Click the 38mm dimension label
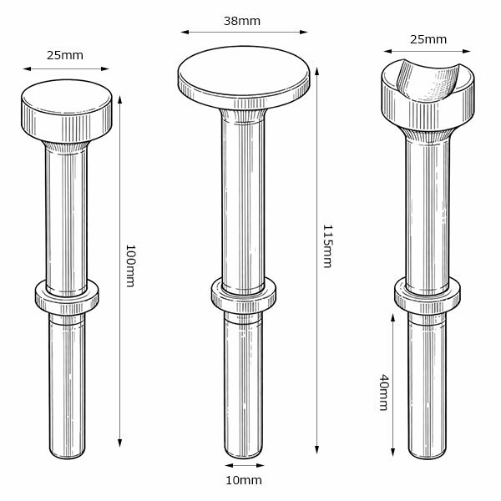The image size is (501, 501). click(242, 21)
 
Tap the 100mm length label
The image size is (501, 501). click(131, 266)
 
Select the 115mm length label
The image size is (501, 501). click(328, 246)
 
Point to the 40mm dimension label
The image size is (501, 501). click(383, 392)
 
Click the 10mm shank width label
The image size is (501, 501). click(244, 480)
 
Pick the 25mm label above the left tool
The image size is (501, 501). click(65, 55)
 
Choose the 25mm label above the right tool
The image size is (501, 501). click(428, 39)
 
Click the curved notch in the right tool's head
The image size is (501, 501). click(428, 80)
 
